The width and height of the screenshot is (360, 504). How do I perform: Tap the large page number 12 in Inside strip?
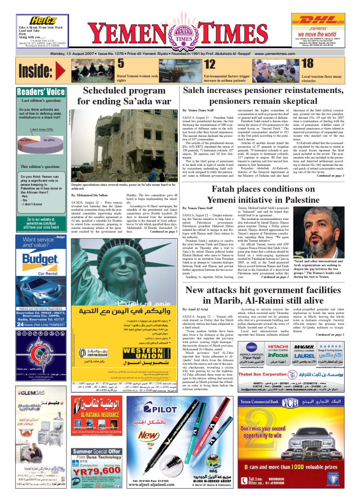pos(210,64)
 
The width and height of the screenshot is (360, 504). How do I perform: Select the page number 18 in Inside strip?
pos(307,64)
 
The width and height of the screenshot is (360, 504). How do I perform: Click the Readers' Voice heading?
pos(41,92)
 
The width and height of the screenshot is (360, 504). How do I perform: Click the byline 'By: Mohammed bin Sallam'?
pos(90,195)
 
